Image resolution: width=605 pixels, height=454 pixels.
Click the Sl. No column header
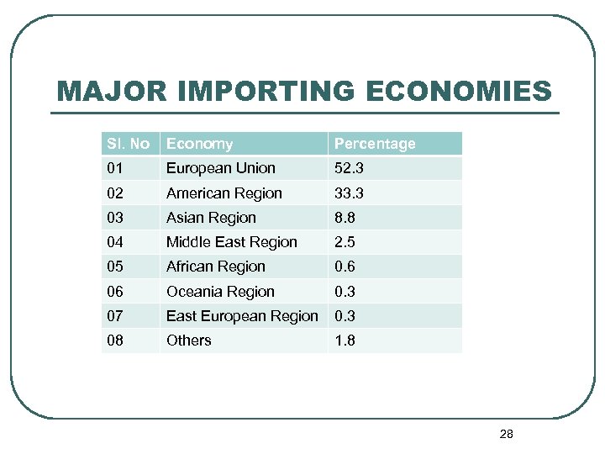[x=129, y=144]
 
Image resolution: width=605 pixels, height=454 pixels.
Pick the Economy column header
[x=199, y=144]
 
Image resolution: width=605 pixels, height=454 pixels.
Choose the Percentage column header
[x=375, y=144]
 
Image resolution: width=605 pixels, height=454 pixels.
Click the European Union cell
[x=220, y=168]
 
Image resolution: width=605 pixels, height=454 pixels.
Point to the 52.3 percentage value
[x=348, y=168]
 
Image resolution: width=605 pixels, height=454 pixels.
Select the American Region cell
[x=224, y=193]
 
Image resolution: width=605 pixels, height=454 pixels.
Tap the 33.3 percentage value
[x=348, y=193]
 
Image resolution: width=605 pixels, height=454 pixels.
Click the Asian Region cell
[x=211, y=218]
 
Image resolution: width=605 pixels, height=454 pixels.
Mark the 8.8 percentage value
[x=345, y=218]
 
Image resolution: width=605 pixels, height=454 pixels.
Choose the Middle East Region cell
[x=231, y=242]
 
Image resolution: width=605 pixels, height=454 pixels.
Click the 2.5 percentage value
[x=345, y=242]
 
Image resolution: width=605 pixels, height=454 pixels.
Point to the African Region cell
[x=215, y=267]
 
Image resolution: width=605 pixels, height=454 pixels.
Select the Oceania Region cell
[x=220, y=292]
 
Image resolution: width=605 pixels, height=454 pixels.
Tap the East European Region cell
[x=242, y=316]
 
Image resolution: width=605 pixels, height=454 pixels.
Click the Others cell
[x=188, y=340]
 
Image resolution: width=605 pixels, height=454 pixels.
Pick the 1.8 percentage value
[x=345, y=340]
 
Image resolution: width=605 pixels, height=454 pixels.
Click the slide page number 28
[x=506, y=435]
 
